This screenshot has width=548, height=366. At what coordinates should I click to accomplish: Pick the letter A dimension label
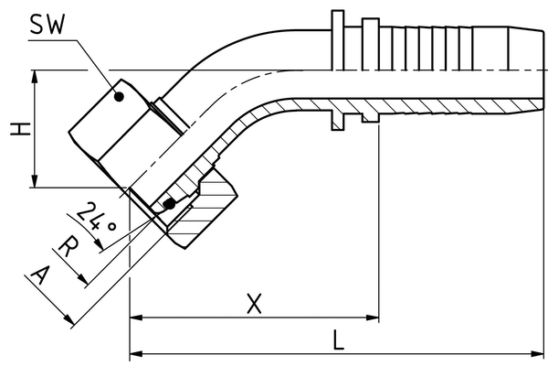pos(40,275)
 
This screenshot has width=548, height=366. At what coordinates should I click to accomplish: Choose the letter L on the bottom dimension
pos(338,340)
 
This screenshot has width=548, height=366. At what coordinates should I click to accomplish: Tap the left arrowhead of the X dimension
pos(135,318)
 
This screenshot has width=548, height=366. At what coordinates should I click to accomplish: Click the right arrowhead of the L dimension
pos(542,353)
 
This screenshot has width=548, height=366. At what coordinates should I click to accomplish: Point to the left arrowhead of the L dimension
pos(135,353)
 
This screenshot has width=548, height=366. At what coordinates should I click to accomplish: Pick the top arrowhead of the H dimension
pos(35,76)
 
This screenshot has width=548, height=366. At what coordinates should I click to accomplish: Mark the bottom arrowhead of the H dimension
pos(35,183)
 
